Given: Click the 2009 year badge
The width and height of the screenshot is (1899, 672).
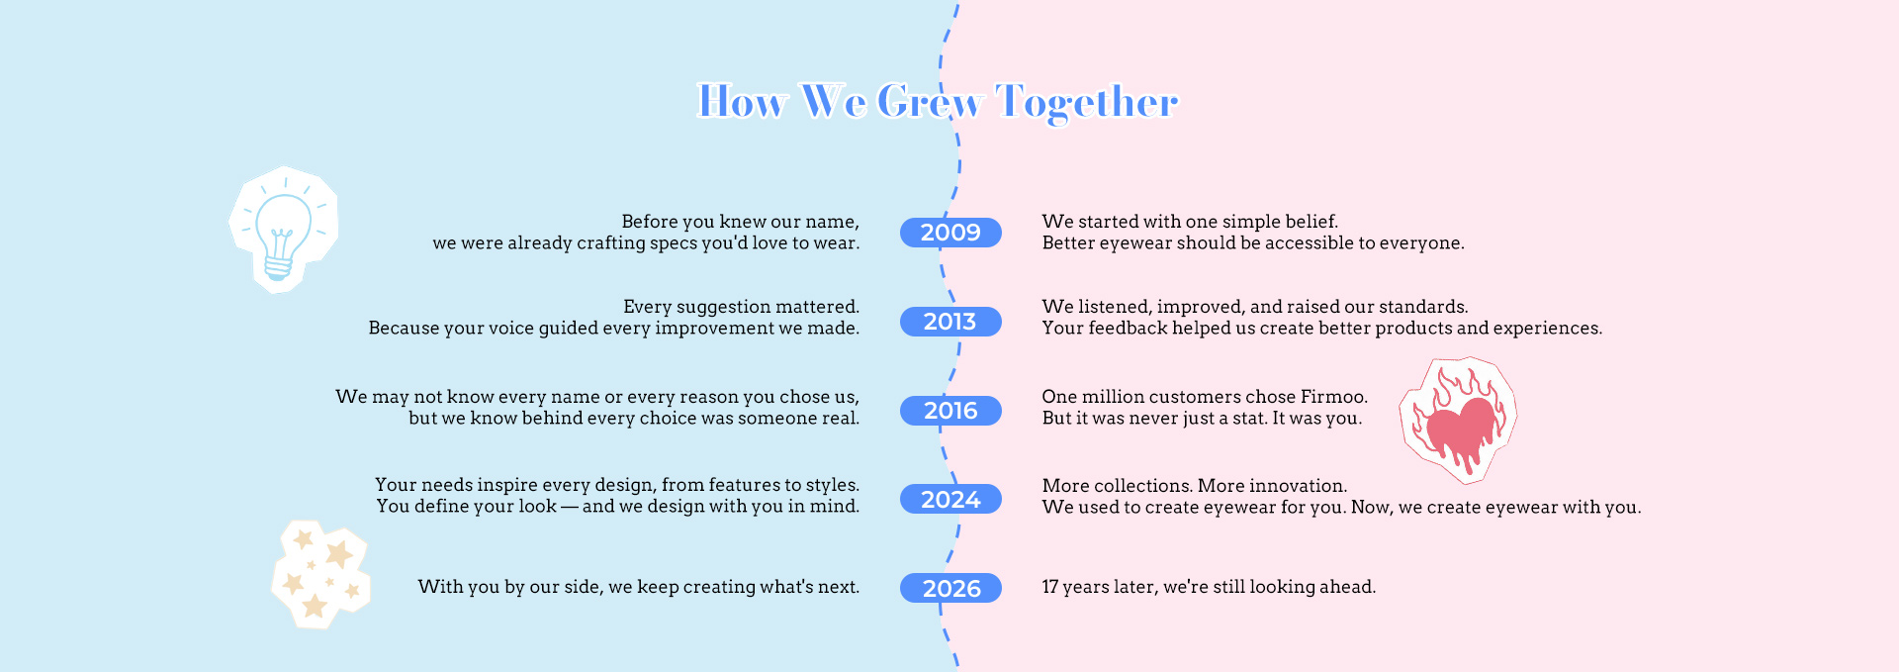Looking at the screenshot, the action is coord(950,233).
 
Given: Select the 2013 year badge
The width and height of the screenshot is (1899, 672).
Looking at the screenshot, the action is coord(950,322).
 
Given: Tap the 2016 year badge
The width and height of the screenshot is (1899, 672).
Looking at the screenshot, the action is coord(950,411).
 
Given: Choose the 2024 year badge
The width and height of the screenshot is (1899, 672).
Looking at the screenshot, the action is coord(950,499).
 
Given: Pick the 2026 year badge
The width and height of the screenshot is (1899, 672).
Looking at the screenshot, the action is coord(950,588).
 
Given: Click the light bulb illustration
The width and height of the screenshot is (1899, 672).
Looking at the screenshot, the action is coord(284,230).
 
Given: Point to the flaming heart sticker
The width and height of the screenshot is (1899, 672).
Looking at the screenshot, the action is coord(1458,421).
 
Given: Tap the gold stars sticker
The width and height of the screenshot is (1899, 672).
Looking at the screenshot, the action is coord(321,574).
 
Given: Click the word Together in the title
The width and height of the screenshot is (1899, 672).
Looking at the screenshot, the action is coord(1087,101).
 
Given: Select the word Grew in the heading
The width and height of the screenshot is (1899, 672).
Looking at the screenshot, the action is coord(930,101).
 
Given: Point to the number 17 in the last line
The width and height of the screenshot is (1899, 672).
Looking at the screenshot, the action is coord(1050,587).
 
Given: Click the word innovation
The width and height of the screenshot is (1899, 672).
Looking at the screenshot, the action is coord(1298,486).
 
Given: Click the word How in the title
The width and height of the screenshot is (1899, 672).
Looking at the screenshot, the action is coord(743,101).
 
